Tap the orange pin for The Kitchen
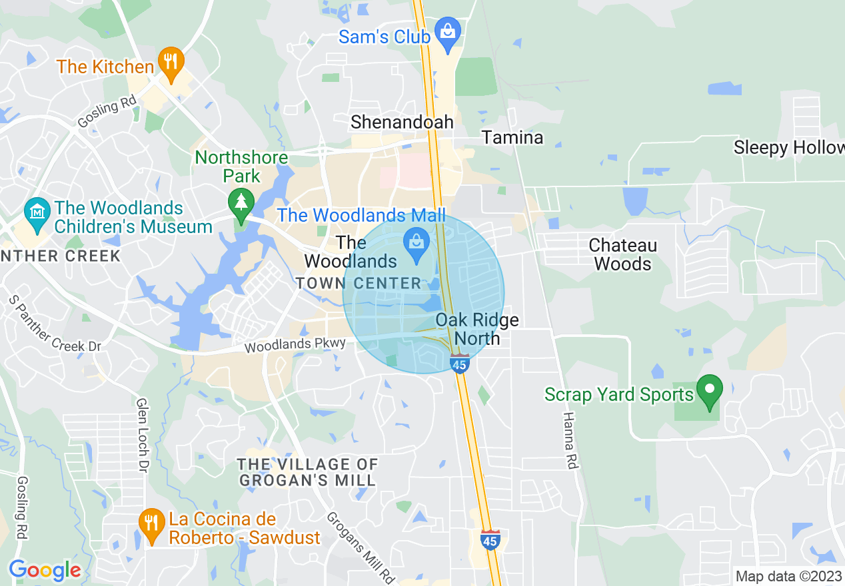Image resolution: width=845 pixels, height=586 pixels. coord(172,63)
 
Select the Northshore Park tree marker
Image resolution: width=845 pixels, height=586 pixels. coord(241,202)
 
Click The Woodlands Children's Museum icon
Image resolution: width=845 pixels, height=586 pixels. coord(37,212)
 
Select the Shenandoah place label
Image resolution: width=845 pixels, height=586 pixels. coord(402,122)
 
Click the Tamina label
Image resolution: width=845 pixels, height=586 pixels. coord(512,138)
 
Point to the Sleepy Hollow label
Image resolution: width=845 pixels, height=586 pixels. coord(788,147)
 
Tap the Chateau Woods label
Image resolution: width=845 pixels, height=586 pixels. coord(622,254)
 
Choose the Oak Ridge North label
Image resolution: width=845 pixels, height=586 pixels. coord(477,329)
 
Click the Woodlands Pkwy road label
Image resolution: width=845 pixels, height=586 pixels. coord(295,345)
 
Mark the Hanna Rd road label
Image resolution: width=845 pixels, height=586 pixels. coord(569,440)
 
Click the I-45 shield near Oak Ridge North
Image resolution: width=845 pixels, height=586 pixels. coord(459,364)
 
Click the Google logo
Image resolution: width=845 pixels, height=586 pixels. coord(45,570)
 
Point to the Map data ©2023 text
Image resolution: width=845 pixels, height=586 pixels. coord(787,576)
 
